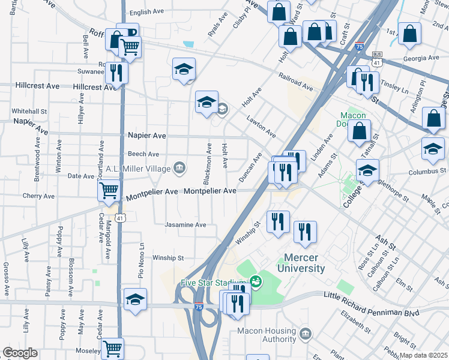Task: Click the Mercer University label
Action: (301, 263)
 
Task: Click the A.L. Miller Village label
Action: (138, 169)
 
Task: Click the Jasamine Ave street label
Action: (186, 225)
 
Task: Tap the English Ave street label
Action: (146, 12)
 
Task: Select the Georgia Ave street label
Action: (421, 58)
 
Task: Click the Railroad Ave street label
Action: (295, 82)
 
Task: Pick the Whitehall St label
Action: (29, 111)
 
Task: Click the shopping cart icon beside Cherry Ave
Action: (109, 191)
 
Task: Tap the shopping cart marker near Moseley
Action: (112, 347)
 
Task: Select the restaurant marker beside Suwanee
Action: (115, 73)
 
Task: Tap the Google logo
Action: (20, 353)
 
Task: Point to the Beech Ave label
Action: (143, 154)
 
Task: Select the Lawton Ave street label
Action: (261, 125)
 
